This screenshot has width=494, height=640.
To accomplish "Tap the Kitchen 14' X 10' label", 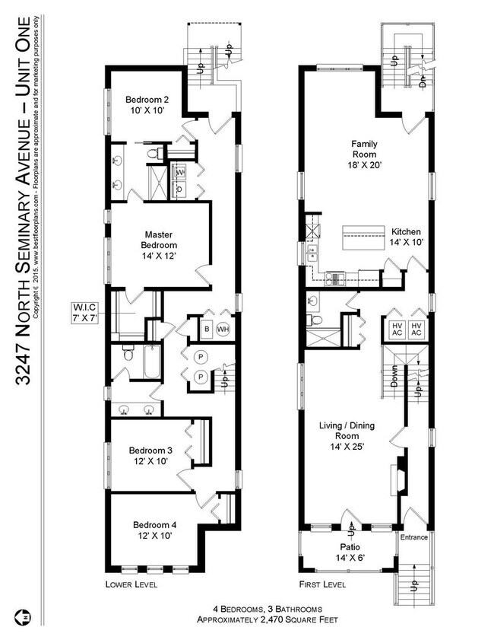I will [407, 237].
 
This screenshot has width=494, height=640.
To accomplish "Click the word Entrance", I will [414, 538].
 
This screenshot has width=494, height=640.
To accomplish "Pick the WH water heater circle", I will [223, 329].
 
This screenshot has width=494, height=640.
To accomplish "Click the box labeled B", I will [204, 329].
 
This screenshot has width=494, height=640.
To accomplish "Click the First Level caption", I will [323, 585].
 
